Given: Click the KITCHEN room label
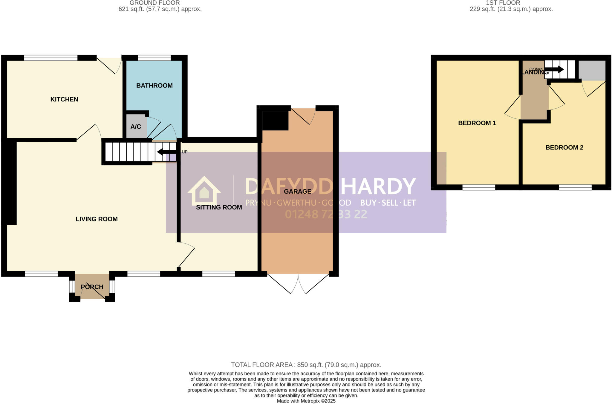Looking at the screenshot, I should click(x=64, y=99).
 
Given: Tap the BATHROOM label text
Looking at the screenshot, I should click(x=154, y=86).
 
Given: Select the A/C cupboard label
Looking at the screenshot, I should click(x=136, y=127).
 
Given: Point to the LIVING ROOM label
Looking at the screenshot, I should click(x=97, y=219).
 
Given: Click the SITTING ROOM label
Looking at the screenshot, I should click(x=219, y=207).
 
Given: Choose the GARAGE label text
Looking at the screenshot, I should click(x=297, y=192).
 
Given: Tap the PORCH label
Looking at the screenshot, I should click(x=92, y=287).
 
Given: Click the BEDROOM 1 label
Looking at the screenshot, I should click(x=477, y=123).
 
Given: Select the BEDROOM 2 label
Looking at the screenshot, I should click(x=564, y=147).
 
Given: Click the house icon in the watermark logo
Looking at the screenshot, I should click(x=204, y=191).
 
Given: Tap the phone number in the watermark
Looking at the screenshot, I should click(x=326, y=214).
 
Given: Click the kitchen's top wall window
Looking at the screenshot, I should click(x=51, y=58).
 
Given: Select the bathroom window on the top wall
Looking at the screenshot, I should click(x=154, y=58).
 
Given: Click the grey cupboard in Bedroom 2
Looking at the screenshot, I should click(x=592, y=70).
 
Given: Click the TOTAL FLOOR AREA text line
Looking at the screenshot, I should click(x=306, y=365).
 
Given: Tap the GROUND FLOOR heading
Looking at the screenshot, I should click(x=154, y=3).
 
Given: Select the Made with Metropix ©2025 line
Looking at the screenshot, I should click(x=306, y=401).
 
